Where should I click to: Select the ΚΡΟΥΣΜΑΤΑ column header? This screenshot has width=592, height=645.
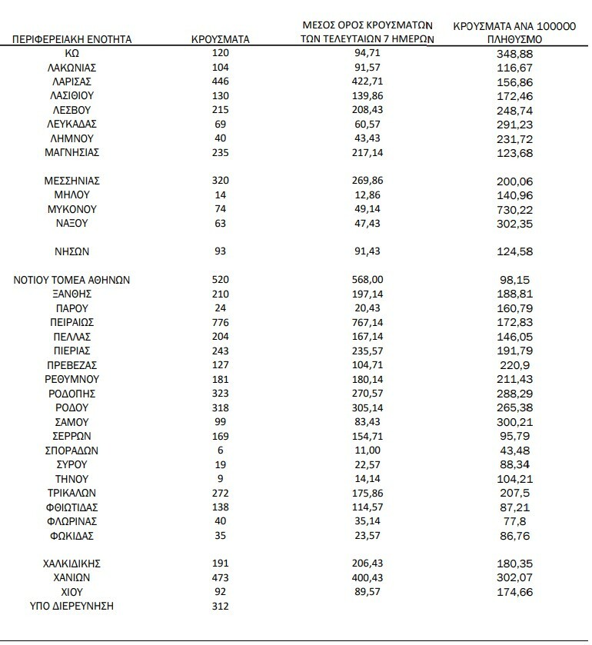(220, 38)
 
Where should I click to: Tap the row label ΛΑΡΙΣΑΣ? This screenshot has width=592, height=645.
(72, 81)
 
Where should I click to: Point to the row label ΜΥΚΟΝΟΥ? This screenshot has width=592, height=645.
(72, 209)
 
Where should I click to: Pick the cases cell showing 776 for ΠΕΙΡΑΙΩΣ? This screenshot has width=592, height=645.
(220, 323)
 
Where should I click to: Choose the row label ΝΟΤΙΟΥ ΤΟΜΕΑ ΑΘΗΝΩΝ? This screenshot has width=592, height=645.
(72, 281)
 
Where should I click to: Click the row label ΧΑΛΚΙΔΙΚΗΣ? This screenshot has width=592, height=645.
(72, 564)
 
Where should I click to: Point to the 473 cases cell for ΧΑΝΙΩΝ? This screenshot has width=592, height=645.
(220, 578)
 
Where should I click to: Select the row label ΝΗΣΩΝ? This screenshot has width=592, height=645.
(72, 251)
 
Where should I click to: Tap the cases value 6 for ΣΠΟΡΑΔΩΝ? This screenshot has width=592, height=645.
(220, 451)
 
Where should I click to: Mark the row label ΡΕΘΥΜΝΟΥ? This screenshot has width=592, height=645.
(72, 380)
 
